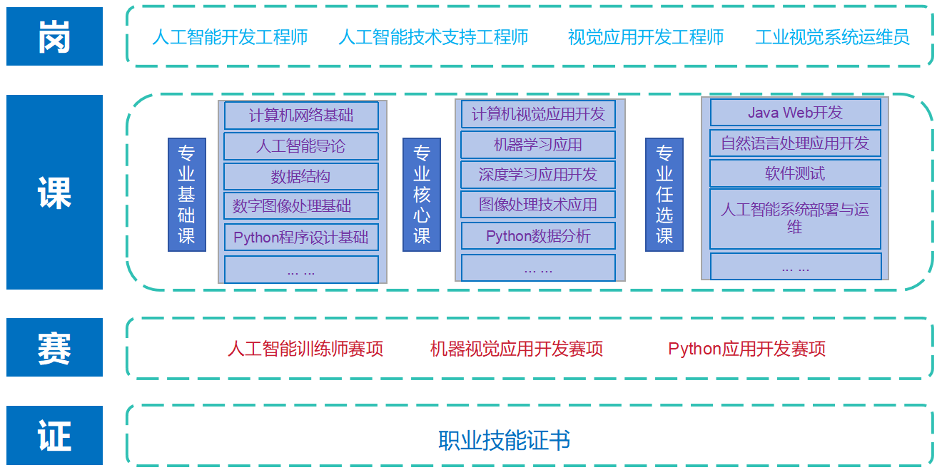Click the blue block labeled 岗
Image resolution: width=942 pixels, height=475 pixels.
54,36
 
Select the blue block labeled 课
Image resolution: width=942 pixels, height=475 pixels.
54,192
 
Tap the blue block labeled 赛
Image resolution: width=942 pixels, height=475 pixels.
54,347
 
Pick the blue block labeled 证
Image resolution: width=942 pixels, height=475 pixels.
54,435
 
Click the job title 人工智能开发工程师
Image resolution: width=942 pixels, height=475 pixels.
230,37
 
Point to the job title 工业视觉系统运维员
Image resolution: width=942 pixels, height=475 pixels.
832,37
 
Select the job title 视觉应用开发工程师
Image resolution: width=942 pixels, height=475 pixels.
646,37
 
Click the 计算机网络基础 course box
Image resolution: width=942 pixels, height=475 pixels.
301,116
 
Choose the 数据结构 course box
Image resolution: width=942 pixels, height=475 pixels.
301,177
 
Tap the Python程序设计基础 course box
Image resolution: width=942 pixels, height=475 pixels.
301,237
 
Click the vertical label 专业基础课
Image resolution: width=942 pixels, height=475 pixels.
187,195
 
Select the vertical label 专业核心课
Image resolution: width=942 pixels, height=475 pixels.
422,195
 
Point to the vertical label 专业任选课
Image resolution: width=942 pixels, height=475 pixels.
664,195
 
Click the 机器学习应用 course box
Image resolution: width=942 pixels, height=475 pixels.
538,145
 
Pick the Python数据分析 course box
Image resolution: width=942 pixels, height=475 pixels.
538,236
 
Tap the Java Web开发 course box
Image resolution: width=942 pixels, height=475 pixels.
795,113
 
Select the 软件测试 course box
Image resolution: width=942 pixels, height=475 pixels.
795,173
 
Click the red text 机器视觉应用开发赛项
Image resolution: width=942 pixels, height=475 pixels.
517,349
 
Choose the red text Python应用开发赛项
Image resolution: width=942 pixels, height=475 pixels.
746,349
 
